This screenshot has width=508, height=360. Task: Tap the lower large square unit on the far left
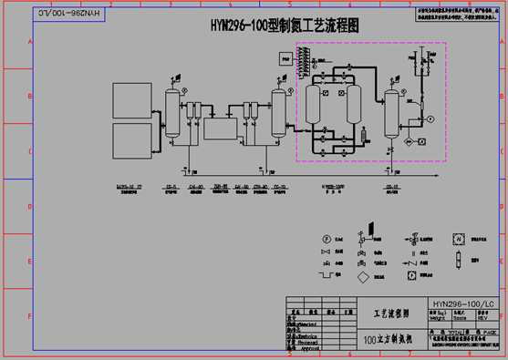[x=133, y=141]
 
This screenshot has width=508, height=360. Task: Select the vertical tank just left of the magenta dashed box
[x=279, y=114]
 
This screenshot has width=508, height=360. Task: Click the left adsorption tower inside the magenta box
[x=315, y=107]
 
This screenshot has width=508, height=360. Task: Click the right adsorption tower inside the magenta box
[x=354, y=107]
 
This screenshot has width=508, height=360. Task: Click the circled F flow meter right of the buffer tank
[x=430, y=119]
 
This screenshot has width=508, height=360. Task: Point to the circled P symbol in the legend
[x=326, y=239]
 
